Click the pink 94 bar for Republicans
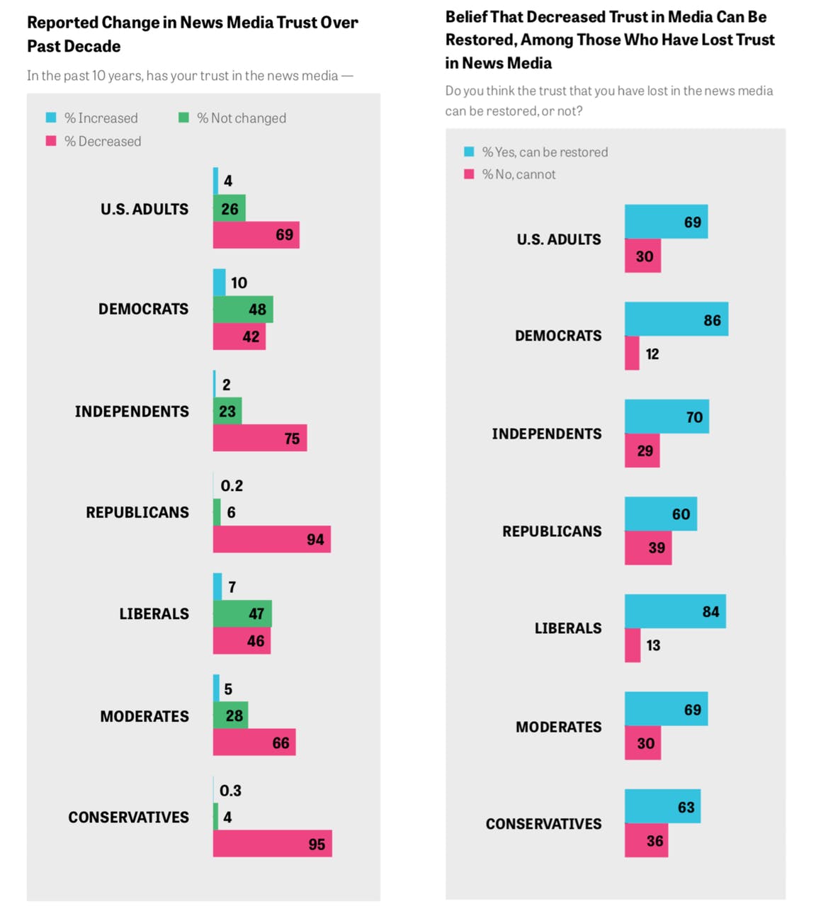[271, 539]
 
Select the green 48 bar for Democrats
[243, 310]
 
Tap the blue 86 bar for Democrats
[676, 319]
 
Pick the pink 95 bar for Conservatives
[272, 844]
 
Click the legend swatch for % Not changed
[183, 118]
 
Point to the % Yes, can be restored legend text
[545, 152]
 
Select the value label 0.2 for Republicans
[232, 486]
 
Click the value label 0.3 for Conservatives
[230, 791]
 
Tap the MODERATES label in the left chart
[144, 716]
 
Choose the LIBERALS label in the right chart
[568, 628]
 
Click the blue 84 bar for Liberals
[674, 611]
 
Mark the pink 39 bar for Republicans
[647, 548]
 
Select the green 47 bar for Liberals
[242, 614]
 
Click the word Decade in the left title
[93, 47]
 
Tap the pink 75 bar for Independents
[259, 439]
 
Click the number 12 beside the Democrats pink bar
[652, 354]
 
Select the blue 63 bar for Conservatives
[662, 806]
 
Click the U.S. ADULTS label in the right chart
[559, 239]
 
